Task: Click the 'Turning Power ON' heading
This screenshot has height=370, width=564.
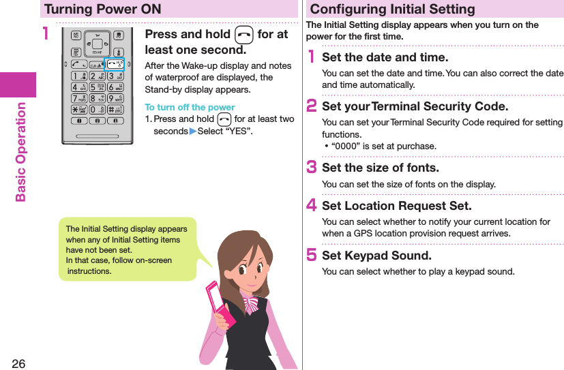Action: point(103,9)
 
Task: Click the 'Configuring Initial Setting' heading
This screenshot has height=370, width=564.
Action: point(393,9)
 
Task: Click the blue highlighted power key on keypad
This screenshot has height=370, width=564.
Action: point(114,65)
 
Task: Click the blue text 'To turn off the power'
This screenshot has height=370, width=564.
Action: point(190,107)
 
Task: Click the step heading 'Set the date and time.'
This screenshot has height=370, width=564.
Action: point(385,57)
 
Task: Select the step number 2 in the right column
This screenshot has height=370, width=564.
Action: point(312,106)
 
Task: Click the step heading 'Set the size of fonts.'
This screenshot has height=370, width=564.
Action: point(380,168)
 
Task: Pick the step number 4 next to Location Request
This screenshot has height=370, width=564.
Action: point(312,206)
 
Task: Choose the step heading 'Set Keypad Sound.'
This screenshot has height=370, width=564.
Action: point(376,256)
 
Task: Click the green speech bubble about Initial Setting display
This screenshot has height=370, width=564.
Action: point(127,249)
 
